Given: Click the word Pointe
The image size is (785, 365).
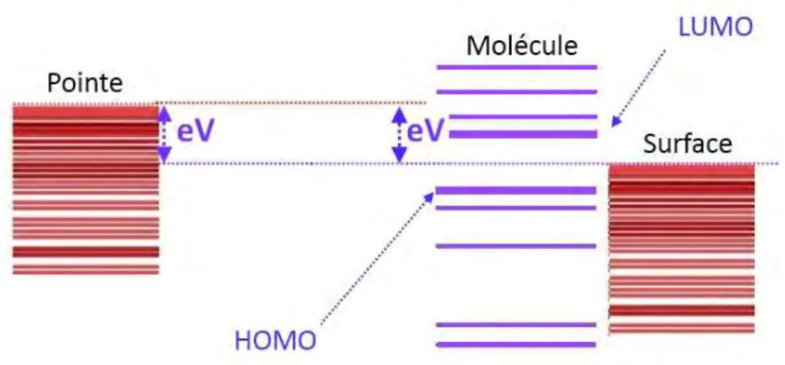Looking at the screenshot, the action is point(85,82).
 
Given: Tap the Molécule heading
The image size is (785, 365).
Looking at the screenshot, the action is point(523,46).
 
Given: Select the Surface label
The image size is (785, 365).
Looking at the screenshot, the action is point(687,145).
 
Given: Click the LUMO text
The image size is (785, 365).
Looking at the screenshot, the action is point(716,28).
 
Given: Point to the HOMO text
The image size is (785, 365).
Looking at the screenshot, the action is point(276,341).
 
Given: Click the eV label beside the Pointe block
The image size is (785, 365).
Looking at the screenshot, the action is point(196,131).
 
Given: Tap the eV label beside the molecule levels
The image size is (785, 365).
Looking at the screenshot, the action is point(426,131).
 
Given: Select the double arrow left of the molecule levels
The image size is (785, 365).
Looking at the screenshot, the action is point(399,135).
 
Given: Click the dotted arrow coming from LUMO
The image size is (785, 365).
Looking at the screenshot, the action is point(639,87).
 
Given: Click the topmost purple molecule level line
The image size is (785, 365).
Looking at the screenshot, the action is point(517,67).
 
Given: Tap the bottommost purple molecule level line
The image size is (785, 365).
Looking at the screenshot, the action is point(517,345).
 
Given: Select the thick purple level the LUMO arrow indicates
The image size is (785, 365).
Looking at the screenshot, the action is point(523,135).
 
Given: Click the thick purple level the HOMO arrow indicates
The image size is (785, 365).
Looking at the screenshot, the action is point(517,190).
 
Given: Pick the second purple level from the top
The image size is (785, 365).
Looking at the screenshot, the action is point(517,91).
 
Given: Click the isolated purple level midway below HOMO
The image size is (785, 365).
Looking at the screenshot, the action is point(517,246).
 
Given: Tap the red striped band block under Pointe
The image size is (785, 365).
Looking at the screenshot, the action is point(86,189).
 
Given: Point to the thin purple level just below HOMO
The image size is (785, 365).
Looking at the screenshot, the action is point(517,207).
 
